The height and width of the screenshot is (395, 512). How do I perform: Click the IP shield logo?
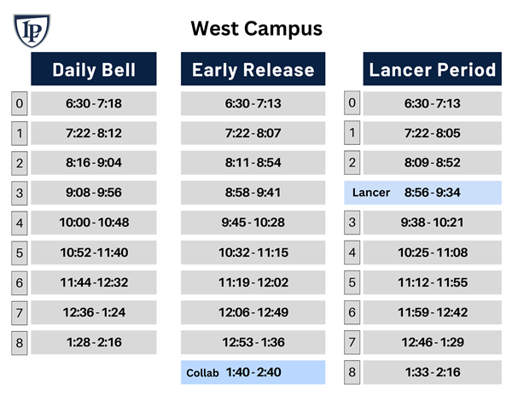(x=32, y=31)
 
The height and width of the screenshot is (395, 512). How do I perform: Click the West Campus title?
(x=256, y=29)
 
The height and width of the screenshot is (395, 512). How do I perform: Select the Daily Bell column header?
(x=94, y=69)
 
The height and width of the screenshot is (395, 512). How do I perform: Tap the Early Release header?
(x=253, y=69)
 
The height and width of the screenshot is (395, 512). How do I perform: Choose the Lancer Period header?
(x=433, y=69)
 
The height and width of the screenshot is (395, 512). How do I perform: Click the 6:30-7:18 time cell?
(x=94, y=103)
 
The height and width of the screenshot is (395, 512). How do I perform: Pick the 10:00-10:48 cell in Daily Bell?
(x=94, y=223)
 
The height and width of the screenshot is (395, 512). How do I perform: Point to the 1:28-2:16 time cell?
(x=94, y=342)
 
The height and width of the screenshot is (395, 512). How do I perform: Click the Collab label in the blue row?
(x=202, y=373)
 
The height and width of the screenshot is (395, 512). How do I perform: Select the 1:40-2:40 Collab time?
(x=253, y=372)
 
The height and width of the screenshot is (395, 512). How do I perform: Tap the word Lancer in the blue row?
(x=371, y=193)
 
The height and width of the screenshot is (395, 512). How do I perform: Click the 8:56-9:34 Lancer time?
(x=433, y=192)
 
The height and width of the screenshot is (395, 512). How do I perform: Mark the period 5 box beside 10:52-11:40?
(x=20, y=253)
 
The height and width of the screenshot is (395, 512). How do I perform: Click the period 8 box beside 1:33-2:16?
(x=352, y=372)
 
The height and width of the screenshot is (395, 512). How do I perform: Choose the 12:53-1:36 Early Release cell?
(x=253, y=342)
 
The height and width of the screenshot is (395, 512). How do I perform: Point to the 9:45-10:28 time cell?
(x=253, y=223)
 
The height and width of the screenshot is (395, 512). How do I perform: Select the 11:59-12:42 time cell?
(x=433, y=312)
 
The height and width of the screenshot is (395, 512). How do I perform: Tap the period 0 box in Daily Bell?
(x=20, y=103)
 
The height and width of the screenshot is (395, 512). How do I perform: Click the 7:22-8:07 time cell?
(x=253, y=133)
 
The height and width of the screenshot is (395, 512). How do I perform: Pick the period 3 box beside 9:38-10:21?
(x=352, y=223)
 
